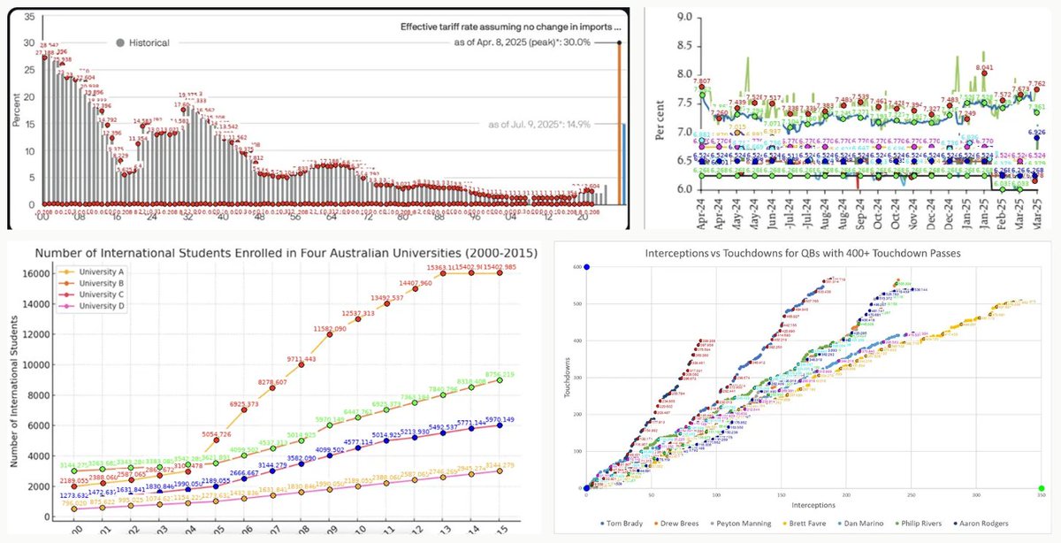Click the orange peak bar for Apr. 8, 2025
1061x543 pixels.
coord(618,124)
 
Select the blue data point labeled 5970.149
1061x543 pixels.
coord(501,424)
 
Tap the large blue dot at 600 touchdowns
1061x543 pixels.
coord(586,267)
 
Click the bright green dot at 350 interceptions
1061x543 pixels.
coord(1042,488)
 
